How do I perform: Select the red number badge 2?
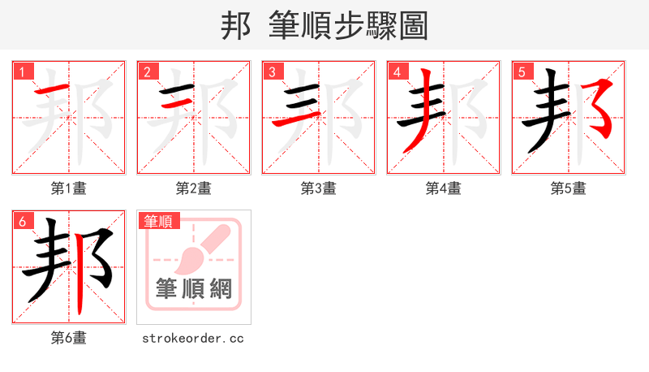click(x=148, y=72)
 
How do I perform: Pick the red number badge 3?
click(x=273, y=72)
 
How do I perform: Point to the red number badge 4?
click(x=398, y=72)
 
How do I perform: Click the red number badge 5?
click(x=522, y=72)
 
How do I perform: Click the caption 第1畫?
click(x=69, y=188)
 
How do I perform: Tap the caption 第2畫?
click(x=194, y=188)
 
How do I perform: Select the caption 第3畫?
click(x=319, y=188)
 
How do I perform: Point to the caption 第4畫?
click(x=444, y=188)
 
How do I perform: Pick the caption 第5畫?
click(x=568, y=188)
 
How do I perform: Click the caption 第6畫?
click(x=69, y=338)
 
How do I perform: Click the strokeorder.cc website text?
click(x=193, y=338)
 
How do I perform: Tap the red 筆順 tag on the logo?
click(x=159, y=221)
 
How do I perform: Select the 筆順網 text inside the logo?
click(x=194, y=288)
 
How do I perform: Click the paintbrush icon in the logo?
click(x=197, y=249)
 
